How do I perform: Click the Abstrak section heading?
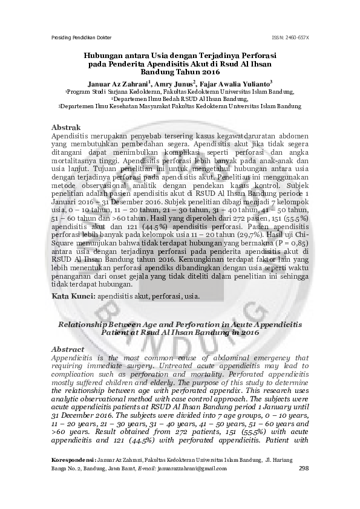coord(67,128)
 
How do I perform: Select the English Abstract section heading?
coord(68,349)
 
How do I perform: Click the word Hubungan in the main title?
coord(108,54)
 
